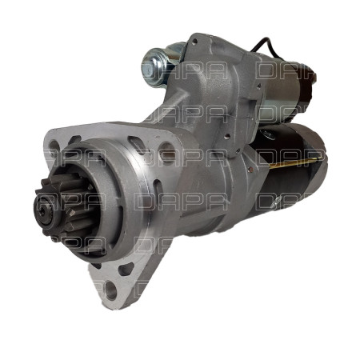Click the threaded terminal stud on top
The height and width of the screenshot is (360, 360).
151,65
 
